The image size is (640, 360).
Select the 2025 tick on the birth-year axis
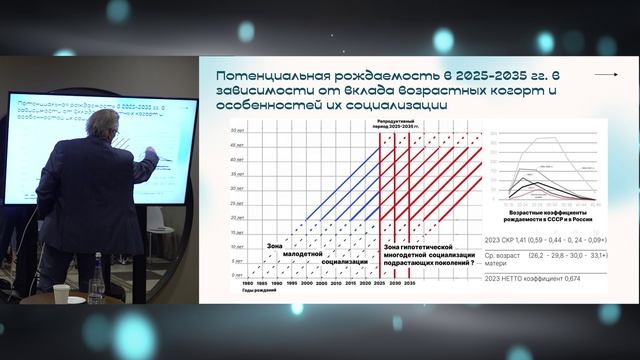(x=379, y=283)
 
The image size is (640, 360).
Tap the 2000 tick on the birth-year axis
(x=299, y=283)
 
